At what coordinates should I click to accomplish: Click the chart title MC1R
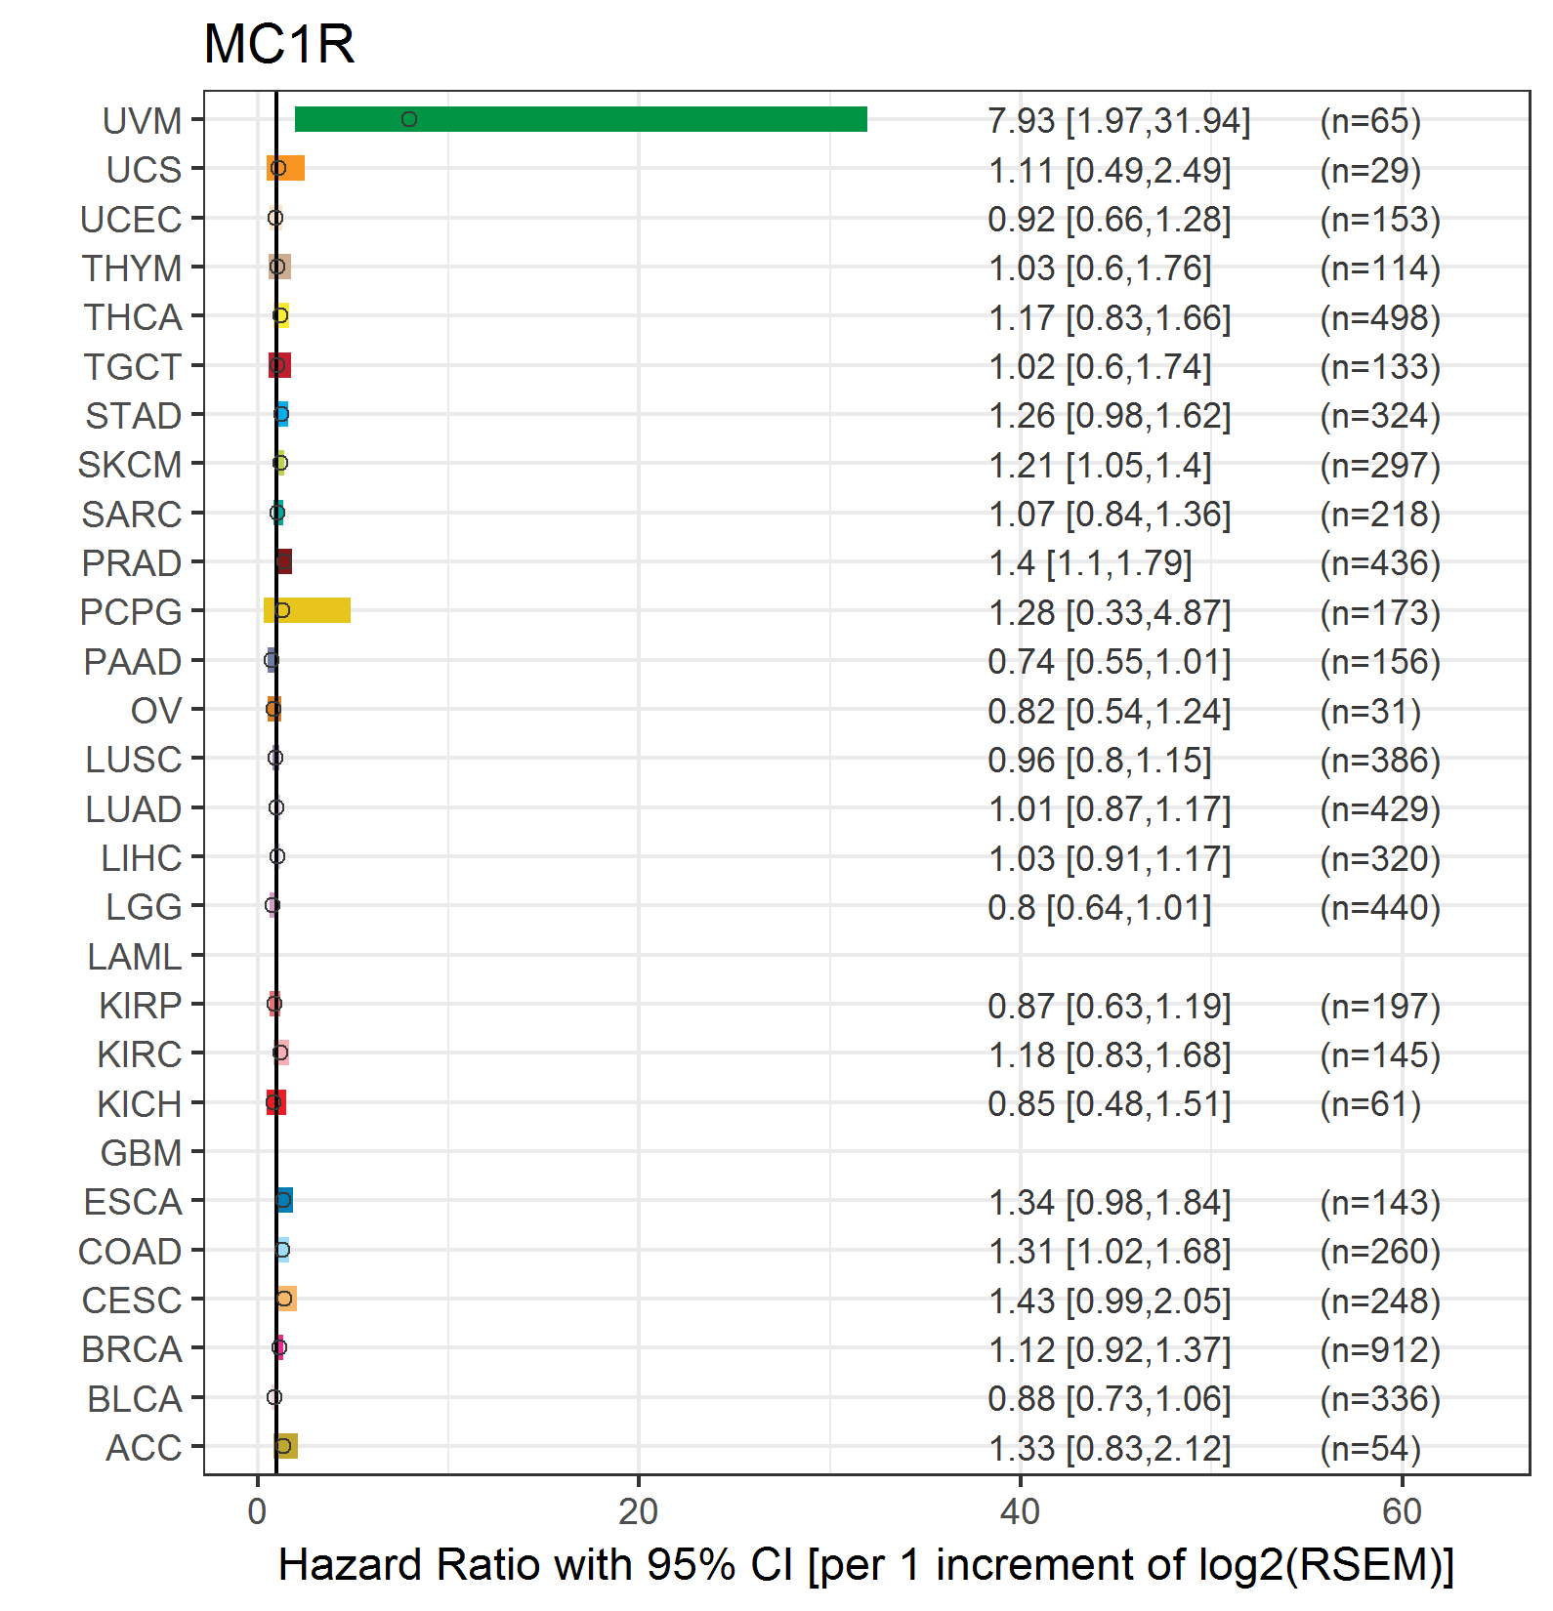click(x=279, y=44)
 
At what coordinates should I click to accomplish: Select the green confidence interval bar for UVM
click(x=581, y=119)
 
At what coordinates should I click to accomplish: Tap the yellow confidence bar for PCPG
click(x=307, y=610)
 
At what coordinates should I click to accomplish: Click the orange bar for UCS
click(x=285, y=168)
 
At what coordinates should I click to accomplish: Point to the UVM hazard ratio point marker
click(x=409, y=119)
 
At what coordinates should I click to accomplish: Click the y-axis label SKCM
click(x=130, y=465)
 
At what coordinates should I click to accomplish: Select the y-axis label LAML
click(x=135, y=957)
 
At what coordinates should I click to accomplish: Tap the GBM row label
click(x=142, y=1153)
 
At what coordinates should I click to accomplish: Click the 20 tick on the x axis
click(x=639, y=1511)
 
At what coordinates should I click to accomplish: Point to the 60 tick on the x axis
click(x=1402, y=1511)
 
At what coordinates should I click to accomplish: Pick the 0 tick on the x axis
click(x=257, y=1511)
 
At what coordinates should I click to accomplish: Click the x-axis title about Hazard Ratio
click(x=866, y=1564)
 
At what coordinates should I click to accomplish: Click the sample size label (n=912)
click(x=1380, y=1349)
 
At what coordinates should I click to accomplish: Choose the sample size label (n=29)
click(x=1370, y=170)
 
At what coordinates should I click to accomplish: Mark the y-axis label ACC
click(x=145, y=1448)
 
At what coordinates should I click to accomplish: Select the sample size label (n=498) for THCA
click(x=1380, y=317)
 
